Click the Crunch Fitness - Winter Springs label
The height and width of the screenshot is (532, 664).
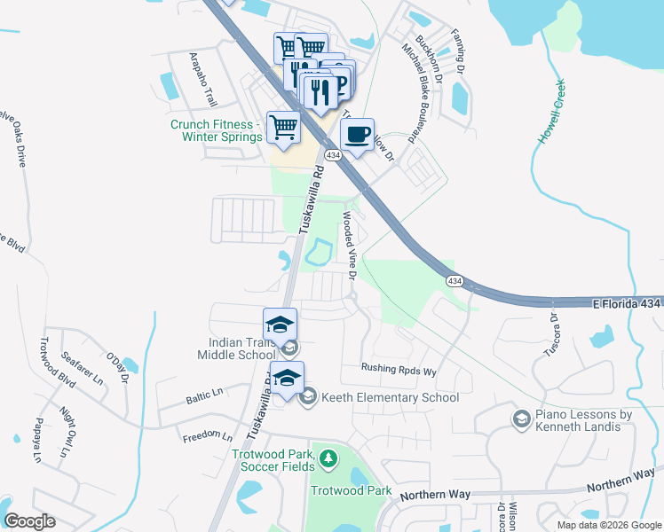click(x=217, y=130)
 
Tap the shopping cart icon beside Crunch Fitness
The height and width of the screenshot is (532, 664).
click(x=283, y=128)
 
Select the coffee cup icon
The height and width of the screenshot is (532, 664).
click(x=357, y=135)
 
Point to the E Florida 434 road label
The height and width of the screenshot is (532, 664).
click(x=627, y=303)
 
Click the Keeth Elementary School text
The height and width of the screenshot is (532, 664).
click(x=390, y=397)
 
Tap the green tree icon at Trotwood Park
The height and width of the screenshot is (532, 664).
click(x=328, y=458)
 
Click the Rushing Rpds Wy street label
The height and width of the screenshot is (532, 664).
click(x=399, y=370)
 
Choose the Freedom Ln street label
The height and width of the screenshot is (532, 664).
click(x=207, y=436)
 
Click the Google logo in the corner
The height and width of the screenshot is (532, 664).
click(x=29, y=521)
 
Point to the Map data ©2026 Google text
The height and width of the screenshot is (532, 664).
click(x=608, y=525)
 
